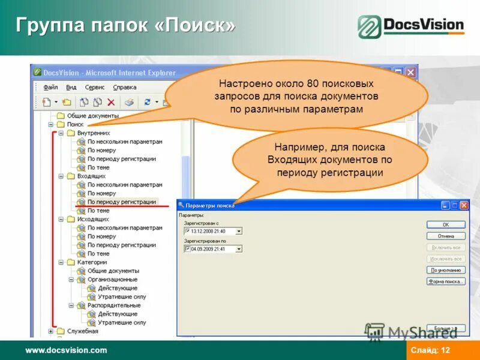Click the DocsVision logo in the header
(412, 26)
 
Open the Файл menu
(50, 87)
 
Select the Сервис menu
(95, 87)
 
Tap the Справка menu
(124, 87)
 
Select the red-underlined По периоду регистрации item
(121, 202)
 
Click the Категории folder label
(92, 262)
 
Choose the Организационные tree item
(112, 280)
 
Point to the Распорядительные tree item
(113, 305)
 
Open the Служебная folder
(83, 331)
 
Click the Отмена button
(446, 236)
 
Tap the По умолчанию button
(446, 270)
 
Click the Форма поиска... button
(446, 281)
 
